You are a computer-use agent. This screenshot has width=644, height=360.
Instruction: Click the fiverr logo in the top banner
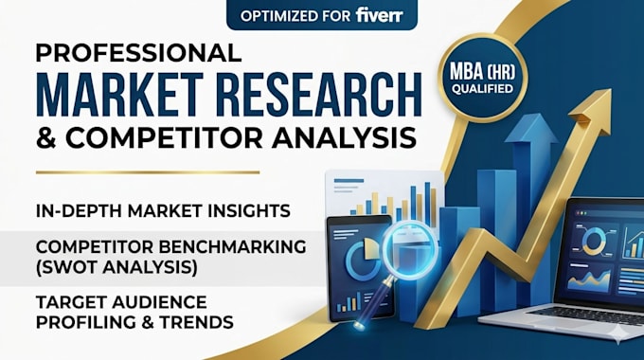(x=379, y=15)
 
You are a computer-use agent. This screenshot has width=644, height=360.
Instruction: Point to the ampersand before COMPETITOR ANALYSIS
(x=46, y=137)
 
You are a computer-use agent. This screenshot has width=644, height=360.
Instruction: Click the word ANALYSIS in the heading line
(x=344, y=137)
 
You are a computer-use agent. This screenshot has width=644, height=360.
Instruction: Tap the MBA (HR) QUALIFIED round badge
(x=482, y=78)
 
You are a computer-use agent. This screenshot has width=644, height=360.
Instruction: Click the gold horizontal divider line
(x=148, y=172)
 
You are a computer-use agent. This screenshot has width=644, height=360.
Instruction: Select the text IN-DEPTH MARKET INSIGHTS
(x=163, y=211)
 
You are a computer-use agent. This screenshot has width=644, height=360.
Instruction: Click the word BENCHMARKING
(x=232, y=246)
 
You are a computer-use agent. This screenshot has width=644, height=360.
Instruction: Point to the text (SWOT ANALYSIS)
(x=116, y=267)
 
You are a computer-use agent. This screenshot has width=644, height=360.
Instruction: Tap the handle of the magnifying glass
(x=373, y=302)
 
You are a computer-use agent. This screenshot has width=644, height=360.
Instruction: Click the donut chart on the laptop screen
(x=594, y=240)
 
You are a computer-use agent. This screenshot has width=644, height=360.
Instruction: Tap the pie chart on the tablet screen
(x=363, y=259)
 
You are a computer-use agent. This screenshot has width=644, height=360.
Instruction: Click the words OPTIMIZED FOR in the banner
(x=295, y=16)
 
